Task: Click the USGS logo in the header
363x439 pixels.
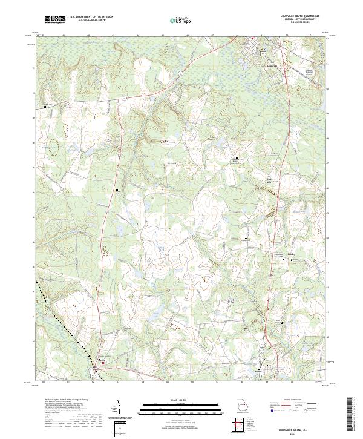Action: pos(56,20)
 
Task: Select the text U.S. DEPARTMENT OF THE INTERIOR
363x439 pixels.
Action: pos(91,16)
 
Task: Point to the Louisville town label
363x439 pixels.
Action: pos(272,65)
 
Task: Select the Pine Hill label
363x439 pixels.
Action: pos(253,179)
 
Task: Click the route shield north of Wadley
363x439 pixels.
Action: pos(263,342)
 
